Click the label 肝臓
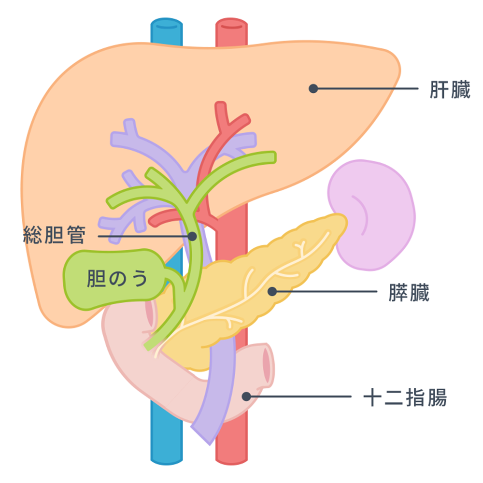point(450,90)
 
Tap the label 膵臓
point(409,293)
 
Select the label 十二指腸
point(405,398)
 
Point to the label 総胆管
point(54,236)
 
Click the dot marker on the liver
point(313,88)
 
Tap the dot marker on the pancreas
point(272,291)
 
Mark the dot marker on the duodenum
point(246,397)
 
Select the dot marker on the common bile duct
point(192,236)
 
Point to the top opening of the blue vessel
point(167,25)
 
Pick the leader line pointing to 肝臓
point(367,89)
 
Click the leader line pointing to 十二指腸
point(299,397)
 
